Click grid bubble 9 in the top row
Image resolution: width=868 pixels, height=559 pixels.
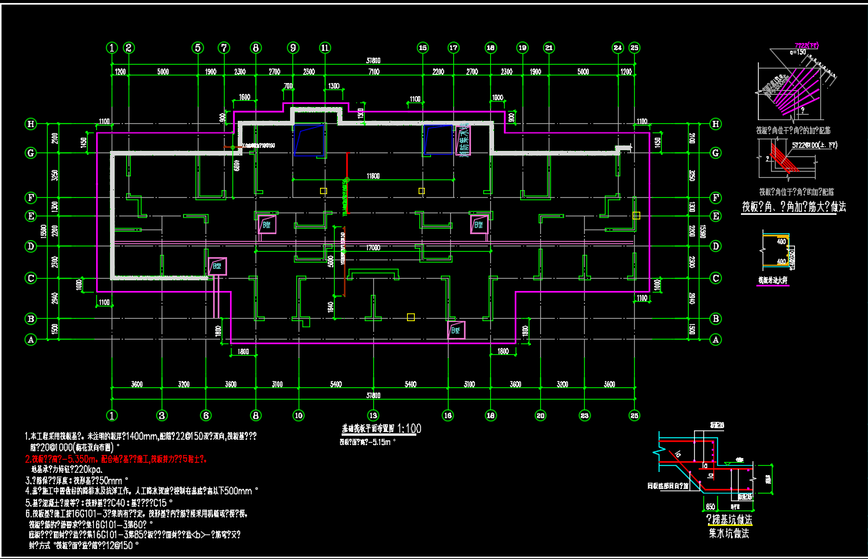[292, 48]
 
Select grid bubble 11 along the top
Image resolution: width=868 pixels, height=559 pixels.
[325, 48]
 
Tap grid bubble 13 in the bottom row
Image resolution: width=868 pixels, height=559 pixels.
[372, 416]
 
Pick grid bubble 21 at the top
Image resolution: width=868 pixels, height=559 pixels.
[549, 48]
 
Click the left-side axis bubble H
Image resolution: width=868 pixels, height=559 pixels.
[32, 124]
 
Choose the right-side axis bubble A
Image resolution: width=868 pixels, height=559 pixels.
[716, 339]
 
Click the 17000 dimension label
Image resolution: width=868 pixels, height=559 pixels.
[373, 248]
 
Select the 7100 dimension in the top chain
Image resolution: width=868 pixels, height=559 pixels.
[373, 72]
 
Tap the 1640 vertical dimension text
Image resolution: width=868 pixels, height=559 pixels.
[330, 306]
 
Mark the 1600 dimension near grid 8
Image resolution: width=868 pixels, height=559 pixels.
[245, 98]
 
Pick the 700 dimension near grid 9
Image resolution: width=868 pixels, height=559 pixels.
[288, 85]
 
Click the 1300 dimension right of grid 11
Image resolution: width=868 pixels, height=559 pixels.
[333, 85]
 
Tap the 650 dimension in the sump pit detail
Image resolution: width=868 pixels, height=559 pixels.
[709, 507]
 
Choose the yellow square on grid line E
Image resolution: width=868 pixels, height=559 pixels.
[636, 216]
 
